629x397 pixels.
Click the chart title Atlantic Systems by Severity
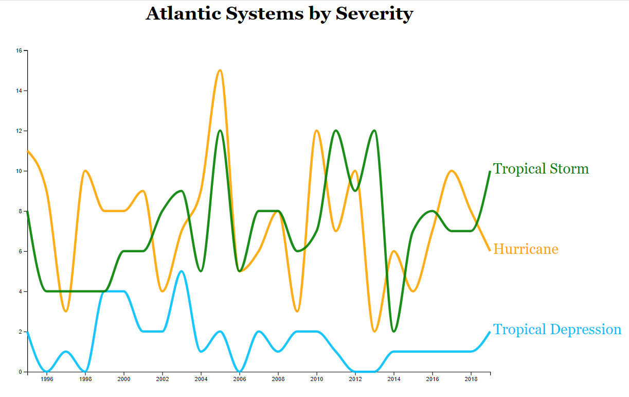(279, 13)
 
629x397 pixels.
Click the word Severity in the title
(374, 13)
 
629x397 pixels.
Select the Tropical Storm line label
(541, 169)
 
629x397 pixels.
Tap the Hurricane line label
(526, 249)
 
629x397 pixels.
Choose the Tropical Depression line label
(557, 330)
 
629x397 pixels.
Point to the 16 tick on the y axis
(19, 50)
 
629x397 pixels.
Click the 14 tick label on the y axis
(19, 91)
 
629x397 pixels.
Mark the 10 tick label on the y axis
(19, 171)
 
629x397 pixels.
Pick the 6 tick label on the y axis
(20, 251)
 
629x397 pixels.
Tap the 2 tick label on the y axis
(20, 332)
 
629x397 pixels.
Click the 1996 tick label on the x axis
(47, 379)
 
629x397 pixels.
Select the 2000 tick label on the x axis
(124, 379)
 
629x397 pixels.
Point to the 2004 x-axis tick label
(201, 379)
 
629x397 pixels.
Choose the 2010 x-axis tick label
(316, 379)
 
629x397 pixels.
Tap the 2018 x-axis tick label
(471, 379)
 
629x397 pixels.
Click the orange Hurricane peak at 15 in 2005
(220, 71)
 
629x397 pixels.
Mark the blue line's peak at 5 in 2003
(182, 271)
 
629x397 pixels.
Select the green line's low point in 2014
(393, 331)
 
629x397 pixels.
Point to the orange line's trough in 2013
(374, 331)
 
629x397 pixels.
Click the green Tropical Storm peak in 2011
(336, 131)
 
